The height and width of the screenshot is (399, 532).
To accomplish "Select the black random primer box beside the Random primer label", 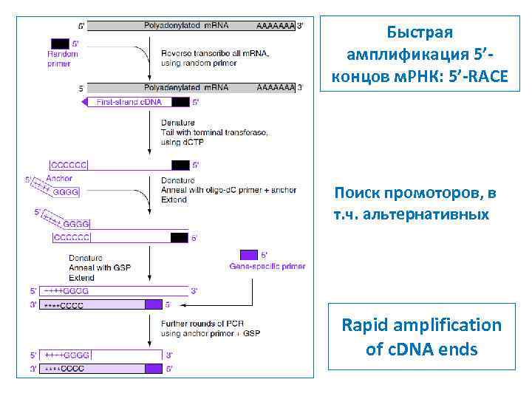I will point(60,44).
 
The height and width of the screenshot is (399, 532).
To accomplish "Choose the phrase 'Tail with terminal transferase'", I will point(214,132).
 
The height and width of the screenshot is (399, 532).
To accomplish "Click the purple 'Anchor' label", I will point(59,178).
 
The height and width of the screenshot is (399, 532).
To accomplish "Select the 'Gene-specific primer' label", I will point(267,266).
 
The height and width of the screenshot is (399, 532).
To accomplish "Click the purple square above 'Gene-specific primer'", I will point(249,254).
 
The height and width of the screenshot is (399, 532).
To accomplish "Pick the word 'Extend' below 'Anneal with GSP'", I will point(81,278).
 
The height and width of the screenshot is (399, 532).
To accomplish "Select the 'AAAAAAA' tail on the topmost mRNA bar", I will point(275,26).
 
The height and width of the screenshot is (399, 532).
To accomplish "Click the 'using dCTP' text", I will point(181,141).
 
